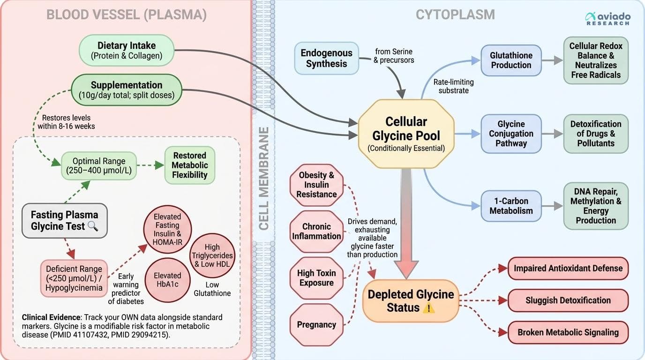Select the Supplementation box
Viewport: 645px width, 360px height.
[x=126, y=90]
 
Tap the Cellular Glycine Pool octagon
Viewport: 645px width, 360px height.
[x=406, y=134]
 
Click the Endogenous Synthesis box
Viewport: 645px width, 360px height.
[x=326, y=58]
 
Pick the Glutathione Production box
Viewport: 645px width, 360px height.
[x=511, y=60]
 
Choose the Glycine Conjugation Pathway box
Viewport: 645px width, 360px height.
[x=511, y=134]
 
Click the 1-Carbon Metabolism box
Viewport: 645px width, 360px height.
[x=511, y=206]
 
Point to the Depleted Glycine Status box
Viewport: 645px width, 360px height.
[x=410, y=300]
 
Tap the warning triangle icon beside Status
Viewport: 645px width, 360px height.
[x=429, y=308]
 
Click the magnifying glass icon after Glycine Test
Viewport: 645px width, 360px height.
[x=93, y=226]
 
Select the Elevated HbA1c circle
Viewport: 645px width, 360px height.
[x=167, y=280]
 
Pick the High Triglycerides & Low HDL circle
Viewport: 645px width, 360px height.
[x=212, y=255]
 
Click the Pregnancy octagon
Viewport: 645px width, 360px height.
[x=316, y=324]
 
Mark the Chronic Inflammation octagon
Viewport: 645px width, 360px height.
[x=316, y=232]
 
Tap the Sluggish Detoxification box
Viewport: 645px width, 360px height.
[x=568, y=300]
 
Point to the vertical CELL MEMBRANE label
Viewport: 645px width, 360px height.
[x=264, y=179]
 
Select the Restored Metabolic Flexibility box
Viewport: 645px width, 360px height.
[x=189, y=165]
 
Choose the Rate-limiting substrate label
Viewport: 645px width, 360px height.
[x=453, y=86]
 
